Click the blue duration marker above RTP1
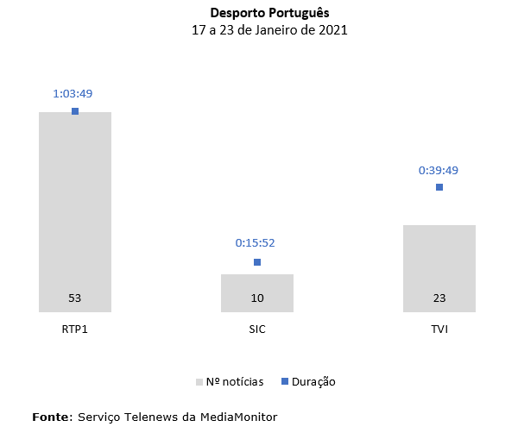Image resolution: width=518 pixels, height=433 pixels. tap(75, 111)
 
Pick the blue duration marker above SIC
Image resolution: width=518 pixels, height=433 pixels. tap(257, 262)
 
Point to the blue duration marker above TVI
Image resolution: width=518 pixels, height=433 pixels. tap(439, 187)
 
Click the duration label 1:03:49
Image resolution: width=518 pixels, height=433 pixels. tap(75, 93)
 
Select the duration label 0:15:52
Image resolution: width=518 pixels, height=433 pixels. tap(257, 243)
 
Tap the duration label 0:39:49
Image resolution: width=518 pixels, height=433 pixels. tap(439, 169)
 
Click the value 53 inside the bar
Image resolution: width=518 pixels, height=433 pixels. tap(75, 298)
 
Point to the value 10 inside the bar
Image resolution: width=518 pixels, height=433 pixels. tap(257, 298)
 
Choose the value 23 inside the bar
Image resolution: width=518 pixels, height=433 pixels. tap(439, 298)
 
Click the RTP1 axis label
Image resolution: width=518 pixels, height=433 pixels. tap(75, 330)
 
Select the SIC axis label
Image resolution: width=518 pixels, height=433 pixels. tap(257, 330)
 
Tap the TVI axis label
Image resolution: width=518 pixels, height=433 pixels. tap(439, 330)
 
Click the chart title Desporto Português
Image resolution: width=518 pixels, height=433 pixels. tap(258, 14)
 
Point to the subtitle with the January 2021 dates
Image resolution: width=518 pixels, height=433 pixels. tap(258, 30)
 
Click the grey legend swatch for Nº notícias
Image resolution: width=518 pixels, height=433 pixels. tap(199, 381)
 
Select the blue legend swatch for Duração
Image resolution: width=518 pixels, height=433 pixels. tap(285, 381)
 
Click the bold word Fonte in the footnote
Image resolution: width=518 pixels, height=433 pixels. tap(52, 417)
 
